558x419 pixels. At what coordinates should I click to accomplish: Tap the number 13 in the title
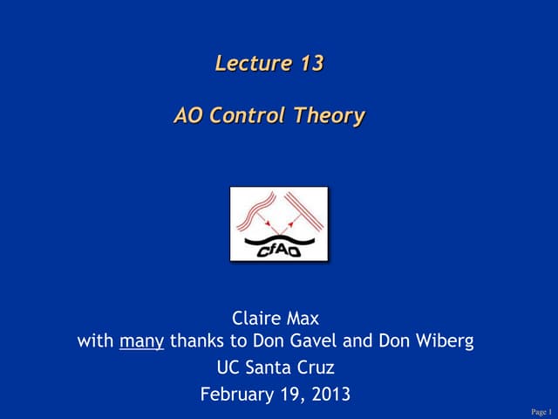pos(309,63)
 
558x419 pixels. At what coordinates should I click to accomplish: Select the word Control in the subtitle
pos(247,115)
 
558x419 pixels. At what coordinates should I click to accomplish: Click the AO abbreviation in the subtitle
pos(188,115)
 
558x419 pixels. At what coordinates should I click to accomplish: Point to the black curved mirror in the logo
pos(278,234)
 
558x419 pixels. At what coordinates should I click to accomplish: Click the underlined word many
pos(141,341)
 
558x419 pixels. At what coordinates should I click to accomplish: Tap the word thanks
pos(197,340)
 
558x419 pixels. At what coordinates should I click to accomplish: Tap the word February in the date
pos(235,395)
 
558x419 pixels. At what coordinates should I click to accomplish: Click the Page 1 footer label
pos(541,411)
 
